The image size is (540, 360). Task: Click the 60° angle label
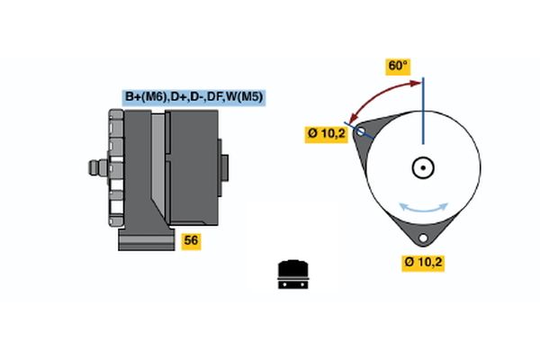click(x=398, y=67)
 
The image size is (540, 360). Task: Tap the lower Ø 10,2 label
click(x=423, y=263)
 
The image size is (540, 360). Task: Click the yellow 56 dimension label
click(x=191, y=240)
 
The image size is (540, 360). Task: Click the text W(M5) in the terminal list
click(x=244, y=97)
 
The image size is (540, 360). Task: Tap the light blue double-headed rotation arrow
click(x=423, y=206)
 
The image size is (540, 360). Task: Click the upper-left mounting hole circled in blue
click(x=362, y=131)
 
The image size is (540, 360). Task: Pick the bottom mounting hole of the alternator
click(x=423, y=239)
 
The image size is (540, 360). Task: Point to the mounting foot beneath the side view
click(x=144, y=238)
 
